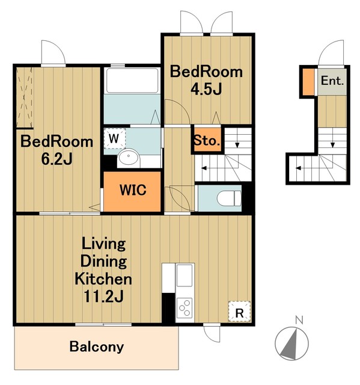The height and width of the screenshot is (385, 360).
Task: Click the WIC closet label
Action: click(x=133, y=189)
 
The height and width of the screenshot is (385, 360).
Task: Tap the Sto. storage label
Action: click(x=207, y=141)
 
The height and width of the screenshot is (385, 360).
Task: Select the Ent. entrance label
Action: click(x=332, y=81)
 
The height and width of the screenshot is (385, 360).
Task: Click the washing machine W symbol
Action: click(x=114, y=138)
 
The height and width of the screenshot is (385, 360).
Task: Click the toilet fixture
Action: click(x=229, y=199)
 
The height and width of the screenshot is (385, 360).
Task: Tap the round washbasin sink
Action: click(x=128, y=157)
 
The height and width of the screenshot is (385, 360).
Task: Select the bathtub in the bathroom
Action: click(x=132, y=81)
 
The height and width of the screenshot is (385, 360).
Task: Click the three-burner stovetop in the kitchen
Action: click(x=185, y=308)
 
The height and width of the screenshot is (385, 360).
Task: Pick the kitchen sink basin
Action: click(x=185, y=275)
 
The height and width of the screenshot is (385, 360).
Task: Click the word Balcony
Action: click(x=97, y=347)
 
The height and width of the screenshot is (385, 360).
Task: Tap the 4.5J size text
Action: click(x=207, y=89)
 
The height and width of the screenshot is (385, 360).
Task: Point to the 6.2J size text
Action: click(x=56, y=159)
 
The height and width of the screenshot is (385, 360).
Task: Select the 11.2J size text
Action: click(x=103, y=296)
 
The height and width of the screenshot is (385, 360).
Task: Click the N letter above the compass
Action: click(x=299, y=320)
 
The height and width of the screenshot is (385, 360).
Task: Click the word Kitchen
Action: click(x=103, y=279)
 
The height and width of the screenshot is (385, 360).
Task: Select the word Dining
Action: click(x=103, y=261)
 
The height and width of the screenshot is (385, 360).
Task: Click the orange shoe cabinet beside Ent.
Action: click(x=308, y=82)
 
